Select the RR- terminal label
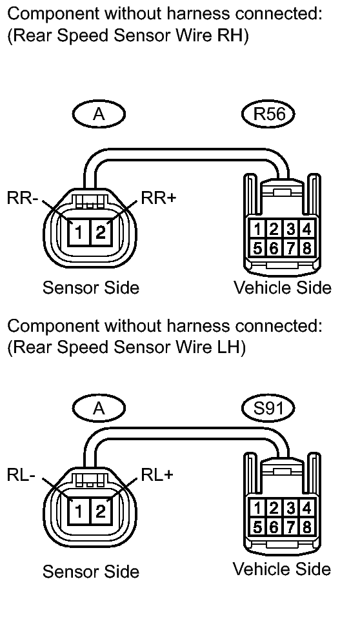tap(22, 198)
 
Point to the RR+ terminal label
tap(158, 198)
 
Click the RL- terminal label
tap(21, 475)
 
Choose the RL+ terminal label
tap(157, 475)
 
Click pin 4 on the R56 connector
tap(307, 229)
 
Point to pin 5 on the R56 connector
tap(257, 248)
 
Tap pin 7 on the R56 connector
tap(291, 248)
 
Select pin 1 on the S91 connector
tap(257, 508)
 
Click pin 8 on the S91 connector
tap(307, 527)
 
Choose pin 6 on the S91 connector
tap(274, 527)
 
